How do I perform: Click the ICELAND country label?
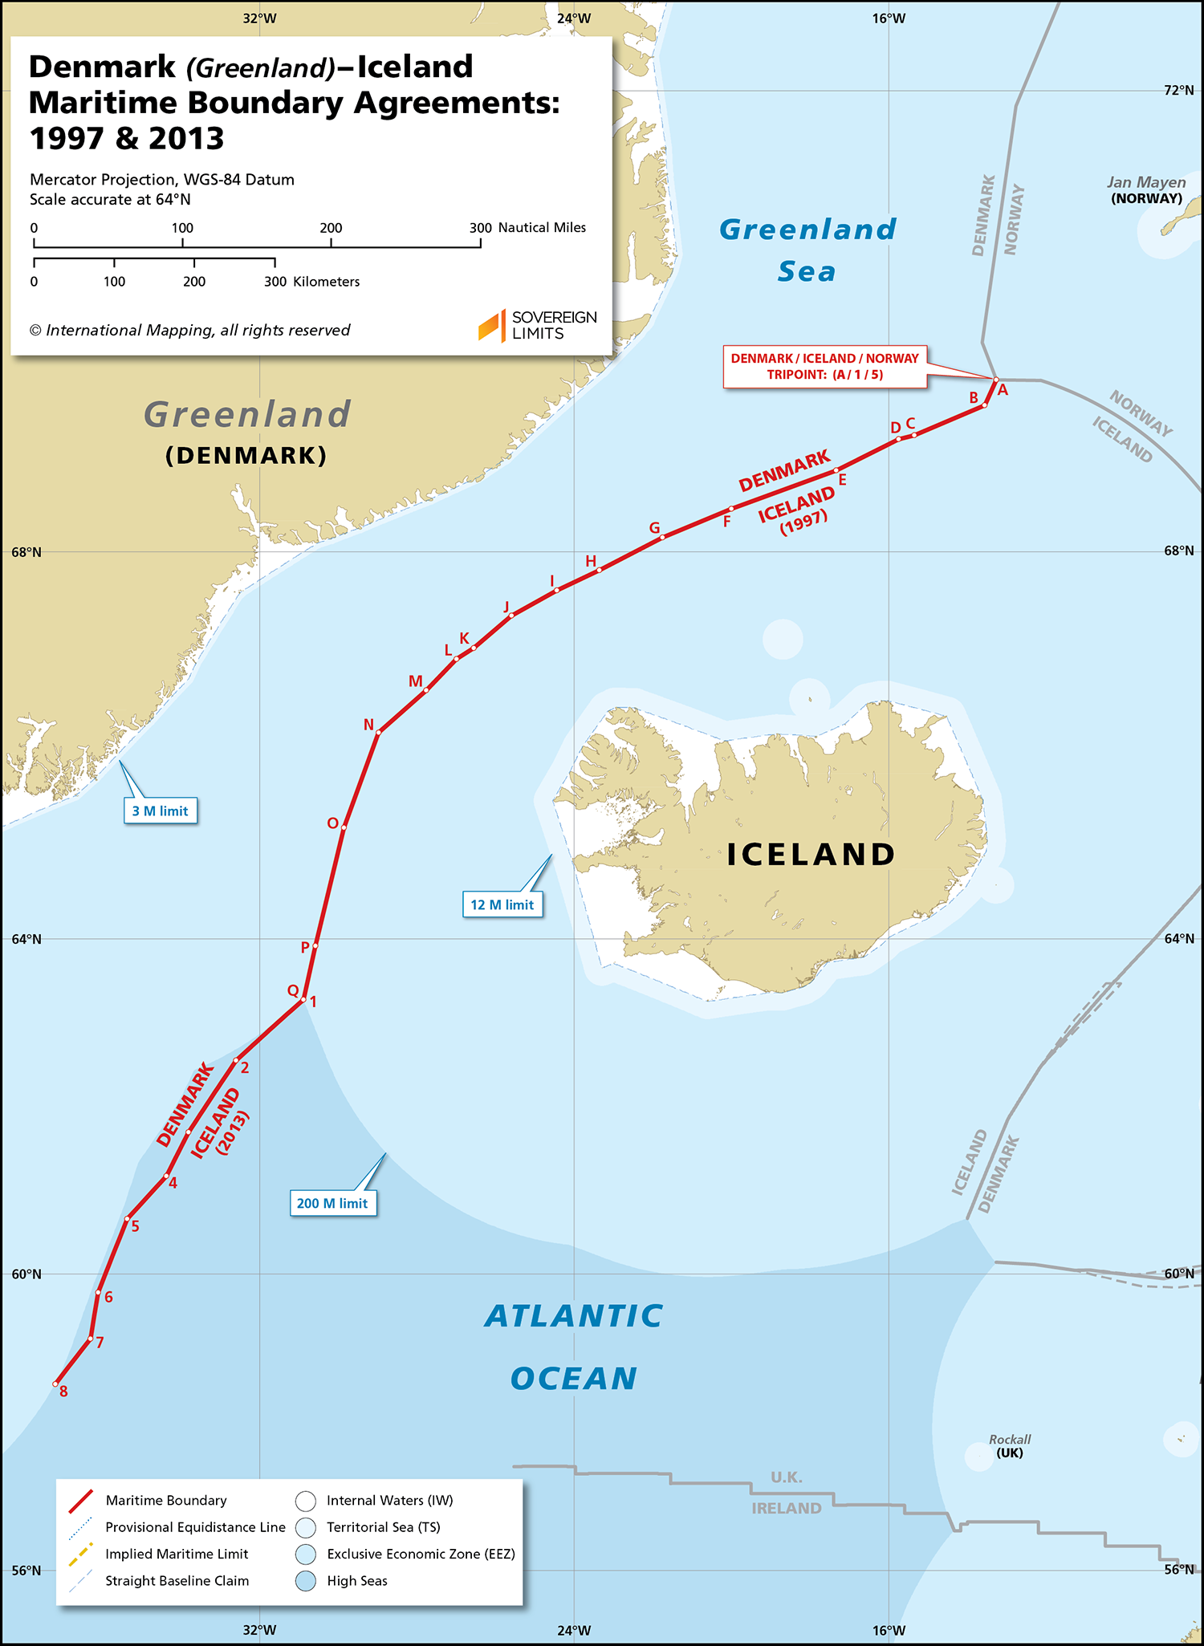coord(811,855)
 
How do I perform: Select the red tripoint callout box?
coord(824,367)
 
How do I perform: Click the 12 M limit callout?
coord(502,904)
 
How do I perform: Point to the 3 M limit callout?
coord(160,811)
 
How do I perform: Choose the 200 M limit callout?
coord(332,1203)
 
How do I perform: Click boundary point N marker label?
coord(368,725)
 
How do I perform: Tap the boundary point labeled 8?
coord(63,1392)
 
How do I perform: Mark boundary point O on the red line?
coord(343,827)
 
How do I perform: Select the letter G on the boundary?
coord(654,528)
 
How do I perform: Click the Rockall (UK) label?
coord(1009,1446)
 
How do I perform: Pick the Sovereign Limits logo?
coord(537,325)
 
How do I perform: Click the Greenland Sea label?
coord(807,250)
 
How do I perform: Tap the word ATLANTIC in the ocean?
coord(574,1316)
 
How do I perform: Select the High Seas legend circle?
coord(306,1581)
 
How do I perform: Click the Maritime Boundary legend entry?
coord(165,1500)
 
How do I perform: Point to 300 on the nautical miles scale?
coord(480,228)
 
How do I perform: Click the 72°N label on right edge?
coord(1178,90)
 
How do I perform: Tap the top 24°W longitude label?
coord(573,18)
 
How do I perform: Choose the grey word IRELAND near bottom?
coord(786,1508)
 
